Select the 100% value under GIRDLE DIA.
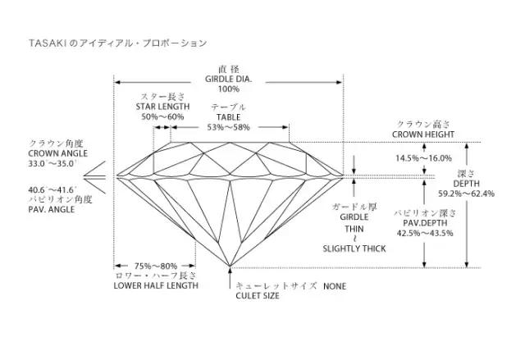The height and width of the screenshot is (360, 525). (x=229, y=89)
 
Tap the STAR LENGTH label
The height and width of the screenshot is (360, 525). (x=162, y=107)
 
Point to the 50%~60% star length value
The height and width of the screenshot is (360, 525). (x=162, y=116)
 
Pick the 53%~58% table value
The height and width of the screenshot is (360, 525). (x=229, y=127)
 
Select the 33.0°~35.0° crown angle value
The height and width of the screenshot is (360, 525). (x=52, y=163)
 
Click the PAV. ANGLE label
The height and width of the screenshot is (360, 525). (x=52, y=210)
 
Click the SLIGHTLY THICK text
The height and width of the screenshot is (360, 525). (x=353, y=248)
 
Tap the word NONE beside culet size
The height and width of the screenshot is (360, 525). (x=335, y=286)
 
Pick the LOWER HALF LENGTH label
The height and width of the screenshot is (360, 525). (x=155, y=286)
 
